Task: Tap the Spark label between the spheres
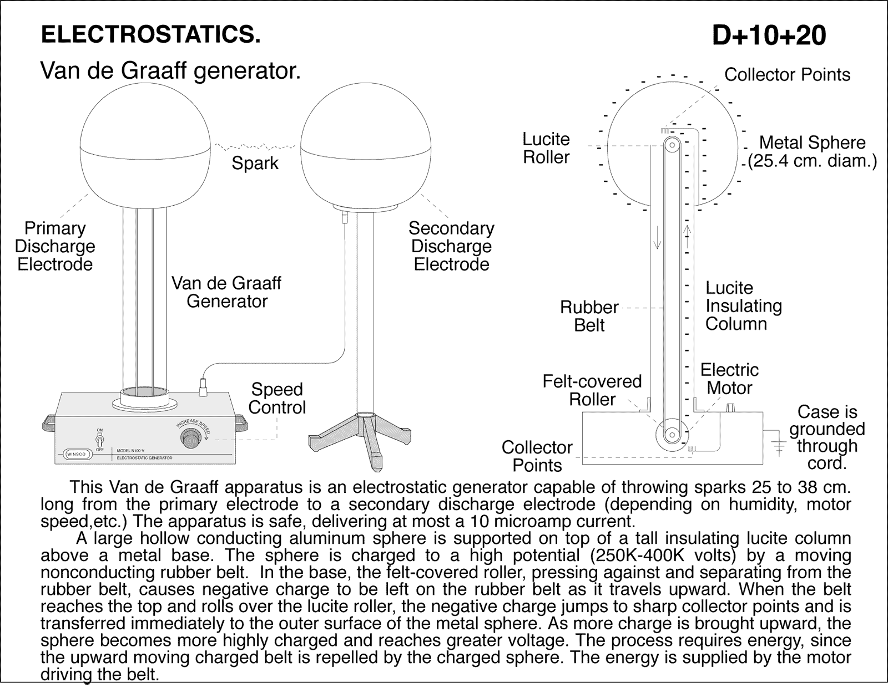[x=255, y=164]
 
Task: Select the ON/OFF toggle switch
[x=100, y=441]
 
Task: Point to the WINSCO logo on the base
[x=76, y=454]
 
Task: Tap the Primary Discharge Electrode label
[x=55, y=246]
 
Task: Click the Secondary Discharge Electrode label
[x=451, y=246]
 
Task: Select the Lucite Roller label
[x=546, y=148]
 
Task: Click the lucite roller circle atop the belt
[x=672, y=146]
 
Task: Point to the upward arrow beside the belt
[x=687, y=236]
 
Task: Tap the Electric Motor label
[x=729, y=379]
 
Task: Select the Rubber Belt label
[x=589, y=316]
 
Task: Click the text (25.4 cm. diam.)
[x=812, y=161]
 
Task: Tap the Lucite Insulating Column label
[x=743, y=306]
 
